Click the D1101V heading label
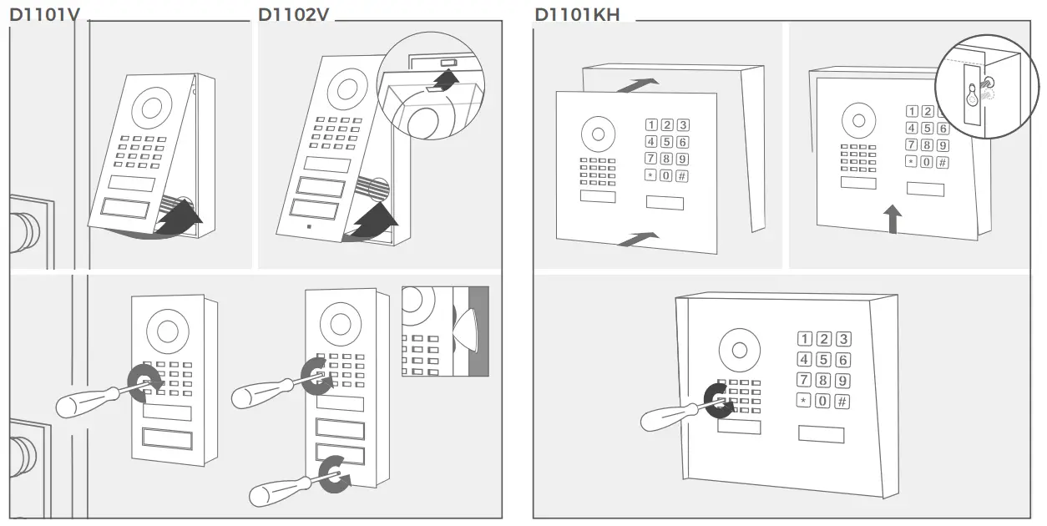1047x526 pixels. (43, 15)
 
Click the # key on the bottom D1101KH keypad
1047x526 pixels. (842, 402)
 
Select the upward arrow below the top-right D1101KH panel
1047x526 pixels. (893, 221)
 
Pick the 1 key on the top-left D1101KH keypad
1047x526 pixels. (650, 125)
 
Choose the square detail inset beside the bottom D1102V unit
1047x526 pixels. (444, 331)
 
